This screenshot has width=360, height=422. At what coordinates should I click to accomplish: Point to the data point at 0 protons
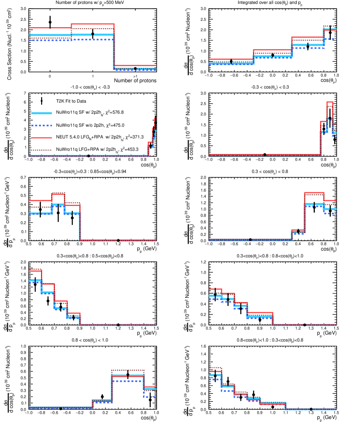point(50,22)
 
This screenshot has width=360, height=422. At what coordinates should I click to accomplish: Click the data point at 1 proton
point(92,33)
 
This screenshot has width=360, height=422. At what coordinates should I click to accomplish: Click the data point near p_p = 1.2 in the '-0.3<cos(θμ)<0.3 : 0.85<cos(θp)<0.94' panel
point(118,240)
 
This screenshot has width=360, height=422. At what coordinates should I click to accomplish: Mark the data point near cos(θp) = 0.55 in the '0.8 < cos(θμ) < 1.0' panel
point(128,375)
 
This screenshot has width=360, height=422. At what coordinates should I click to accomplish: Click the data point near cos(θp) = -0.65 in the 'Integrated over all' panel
point(231,61)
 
